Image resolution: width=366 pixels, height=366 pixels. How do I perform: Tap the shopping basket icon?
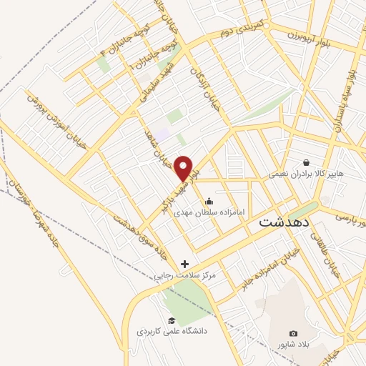click(307, 162)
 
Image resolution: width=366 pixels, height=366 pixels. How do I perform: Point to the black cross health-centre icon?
click(185, 264)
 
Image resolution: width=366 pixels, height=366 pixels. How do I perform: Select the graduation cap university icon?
click(172, 320)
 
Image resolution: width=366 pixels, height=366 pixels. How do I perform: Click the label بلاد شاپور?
click(293, 345)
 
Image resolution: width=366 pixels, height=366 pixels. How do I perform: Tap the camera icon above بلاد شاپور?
click(293, 333)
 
